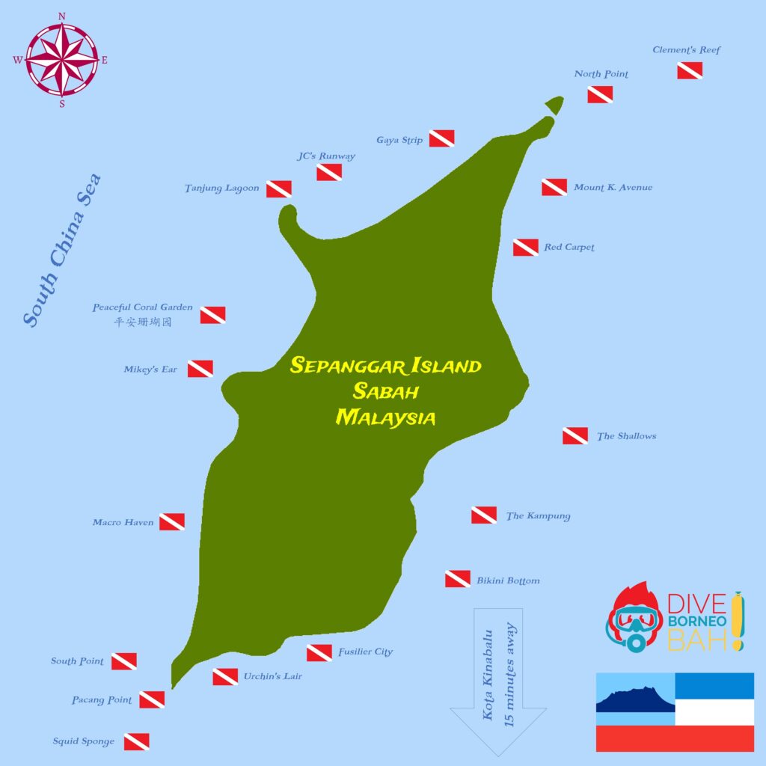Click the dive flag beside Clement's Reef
click(689, 70)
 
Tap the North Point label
click(601, 74)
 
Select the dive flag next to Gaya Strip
click(441, 138)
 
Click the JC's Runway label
click(325, 156)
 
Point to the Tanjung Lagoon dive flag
click(279, 189)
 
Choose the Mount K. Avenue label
click(613, 187)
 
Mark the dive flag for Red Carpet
click(525, 248)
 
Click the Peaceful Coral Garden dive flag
click(212, 315)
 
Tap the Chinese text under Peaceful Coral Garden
click(142, 322)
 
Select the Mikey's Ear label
click(150, 370)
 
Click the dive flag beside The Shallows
click(574, 435)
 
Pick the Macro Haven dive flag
click(171, 521)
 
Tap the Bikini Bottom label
click(508, 580)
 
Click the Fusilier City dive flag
click(319, 652)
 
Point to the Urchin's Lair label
click(272, 677)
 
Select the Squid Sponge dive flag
click(136, 741)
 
